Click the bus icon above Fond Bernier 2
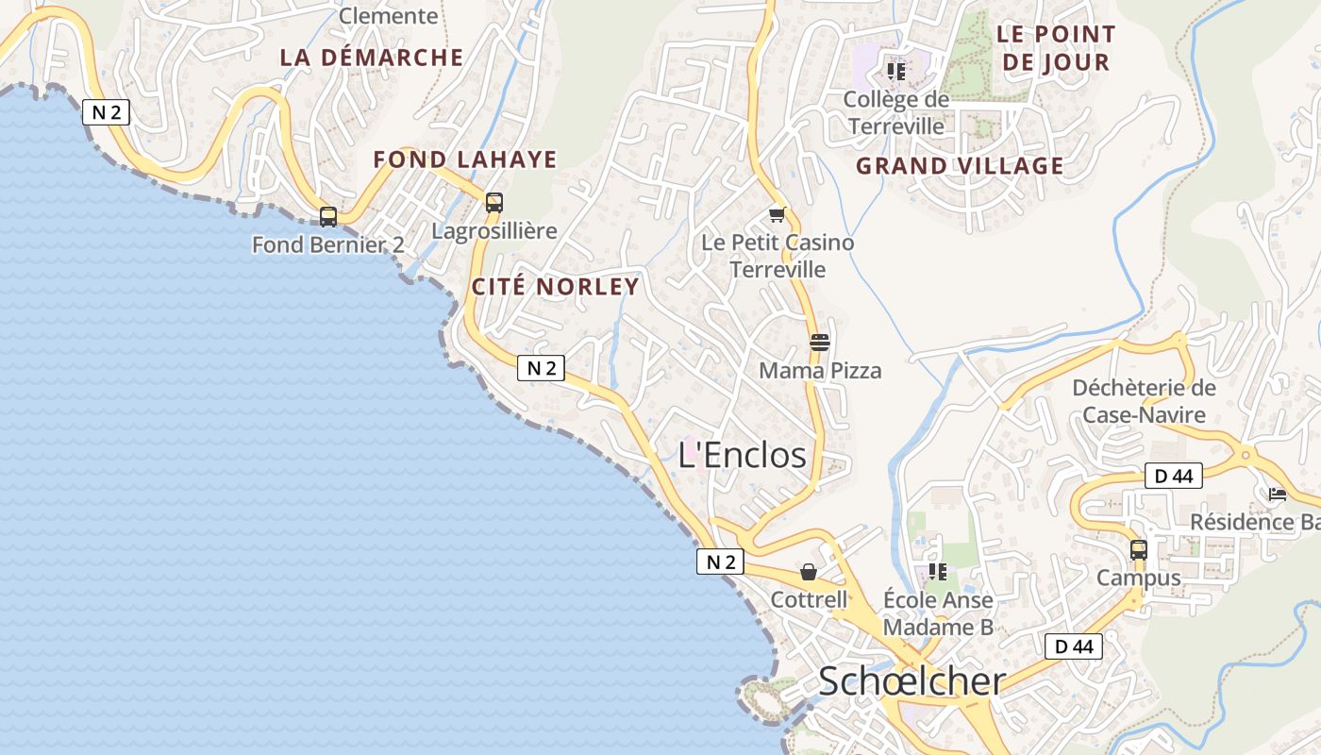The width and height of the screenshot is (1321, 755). coord(328,216)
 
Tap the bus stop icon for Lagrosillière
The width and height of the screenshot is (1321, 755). coord(493,202)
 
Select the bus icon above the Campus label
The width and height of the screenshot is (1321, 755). coord(1139,549)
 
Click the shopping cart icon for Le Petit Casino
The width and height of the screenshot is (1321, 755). coord(777,215)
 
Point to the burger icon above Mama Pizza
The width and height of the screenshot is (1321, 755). coord(819,343)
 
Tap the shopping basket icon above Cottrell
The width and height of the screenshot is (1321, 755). coord(809,572)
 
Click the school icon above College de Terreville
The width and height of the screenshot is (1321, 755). coord(895,71)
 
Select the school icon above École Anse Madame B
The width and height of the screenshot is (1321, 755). coord(937,572)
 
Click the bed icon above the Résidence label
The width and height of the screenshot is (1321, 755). coord(1278,494)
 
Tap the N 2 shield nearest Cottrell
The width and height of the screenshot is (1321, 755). coord(721,562)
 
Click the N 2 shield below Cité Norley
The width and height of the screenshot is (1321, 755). coord(541,368)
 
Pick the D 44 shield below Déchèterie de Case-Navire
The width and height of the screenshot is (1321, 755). coord(1174,476)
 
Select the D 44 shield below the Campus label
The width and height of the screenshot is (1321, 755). coord(1074,646)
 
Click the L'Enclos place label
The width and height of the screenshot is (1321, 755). coord(743,455)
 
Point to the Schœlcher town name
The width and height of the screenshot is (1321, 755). coord(911,680)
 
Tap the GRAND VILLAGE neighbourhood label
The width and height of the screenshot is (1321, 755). coord(960,166)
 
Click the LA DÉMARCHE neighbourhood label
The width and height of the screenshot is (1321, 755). coord(372,58)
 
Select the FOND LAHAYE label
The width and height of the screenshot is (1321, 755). coord(465,159)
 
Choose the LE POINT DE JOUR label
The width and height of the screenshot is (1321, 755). coord(1056,48)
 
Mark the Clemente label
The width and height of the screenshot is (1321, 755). coord(388,15)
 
